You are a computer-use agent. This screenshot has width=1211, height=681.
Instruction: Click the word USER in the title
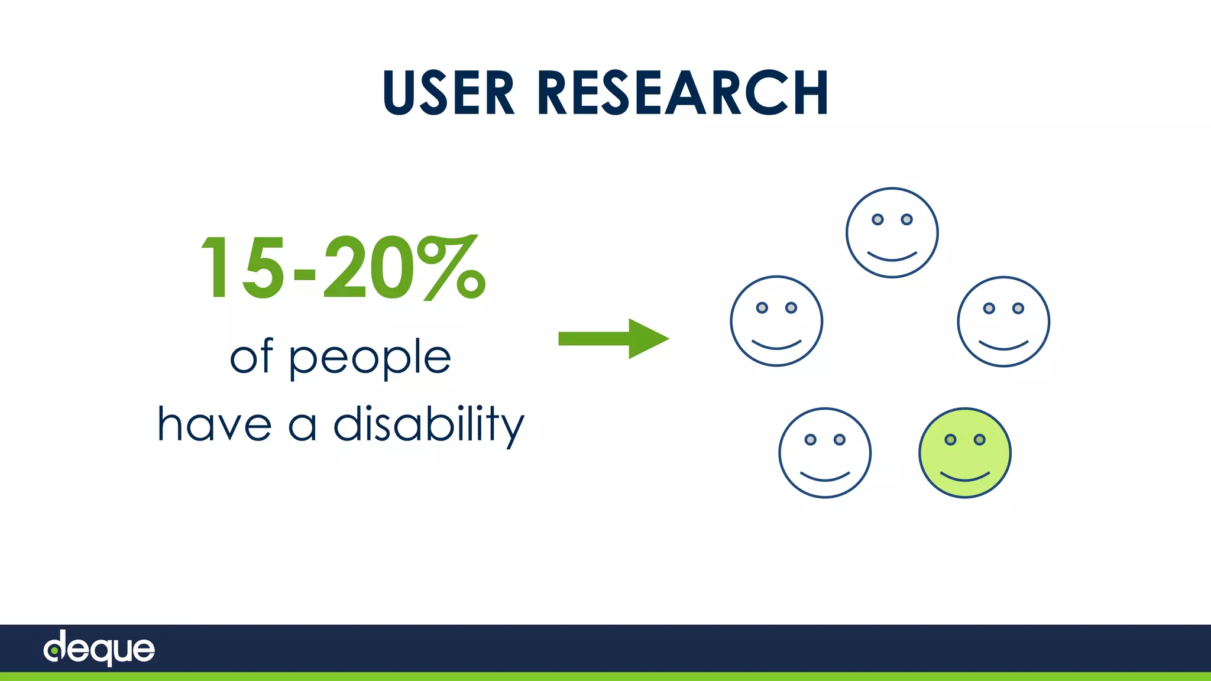pyautogui.click(x=449, y=93)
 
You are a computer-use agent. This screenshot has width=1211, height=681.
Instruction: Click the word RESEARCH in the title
pyautogui.click(x=682, y=93)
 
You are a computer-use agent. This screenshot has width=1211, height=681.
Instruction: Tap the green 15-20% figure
pyautogui.click(x=343, y=267)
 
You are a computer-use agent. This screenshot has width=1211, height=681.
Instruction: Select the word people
pyautogui.click(x=370, y=358)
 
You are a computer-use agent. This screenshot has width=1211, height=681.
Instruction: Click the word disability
pyautogui.click(x=429, y=424)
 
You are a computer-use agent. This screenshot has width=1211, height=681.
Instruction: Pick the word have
pyautogui.click(x=215, y=424)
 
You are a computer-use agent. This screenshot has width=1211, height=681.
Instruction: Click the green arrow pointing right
pyautogui.click(x=613, y=339)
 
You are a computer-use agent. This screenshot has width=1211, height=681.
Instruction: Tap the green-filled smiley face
pyautogui.click(x=964, y=453)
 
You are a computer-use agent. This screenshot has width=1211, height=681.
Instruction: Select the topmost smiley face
pyautogui.click(x=892, y=233)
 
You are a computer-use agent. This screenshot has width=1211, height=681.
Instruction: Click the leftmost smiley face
pyautogui.click(x=776, y=321)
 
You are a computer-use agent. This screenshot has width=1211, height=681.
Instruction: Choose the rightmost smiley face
pyautogui.click(x=1003, y=322)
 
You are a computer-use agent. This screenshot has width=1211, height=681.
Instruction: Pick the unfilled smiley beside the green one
pyautogui.click(x=825, y=453)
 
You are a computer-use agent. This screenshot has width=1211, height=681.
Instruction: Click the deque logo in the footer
pyautogui.click(x=99, y=648)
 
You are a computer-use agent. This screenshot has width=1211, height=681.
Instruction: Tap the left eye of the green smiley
pyautogui.click(x=950, y=439)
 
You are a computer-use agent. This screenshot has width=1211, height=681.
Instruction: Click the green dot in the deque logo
pyautogui.click(x=54, y=651)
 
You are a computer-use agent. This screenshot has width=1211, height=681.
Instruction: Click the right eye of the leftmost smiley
pyautogui.click(x=791, y=307)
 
